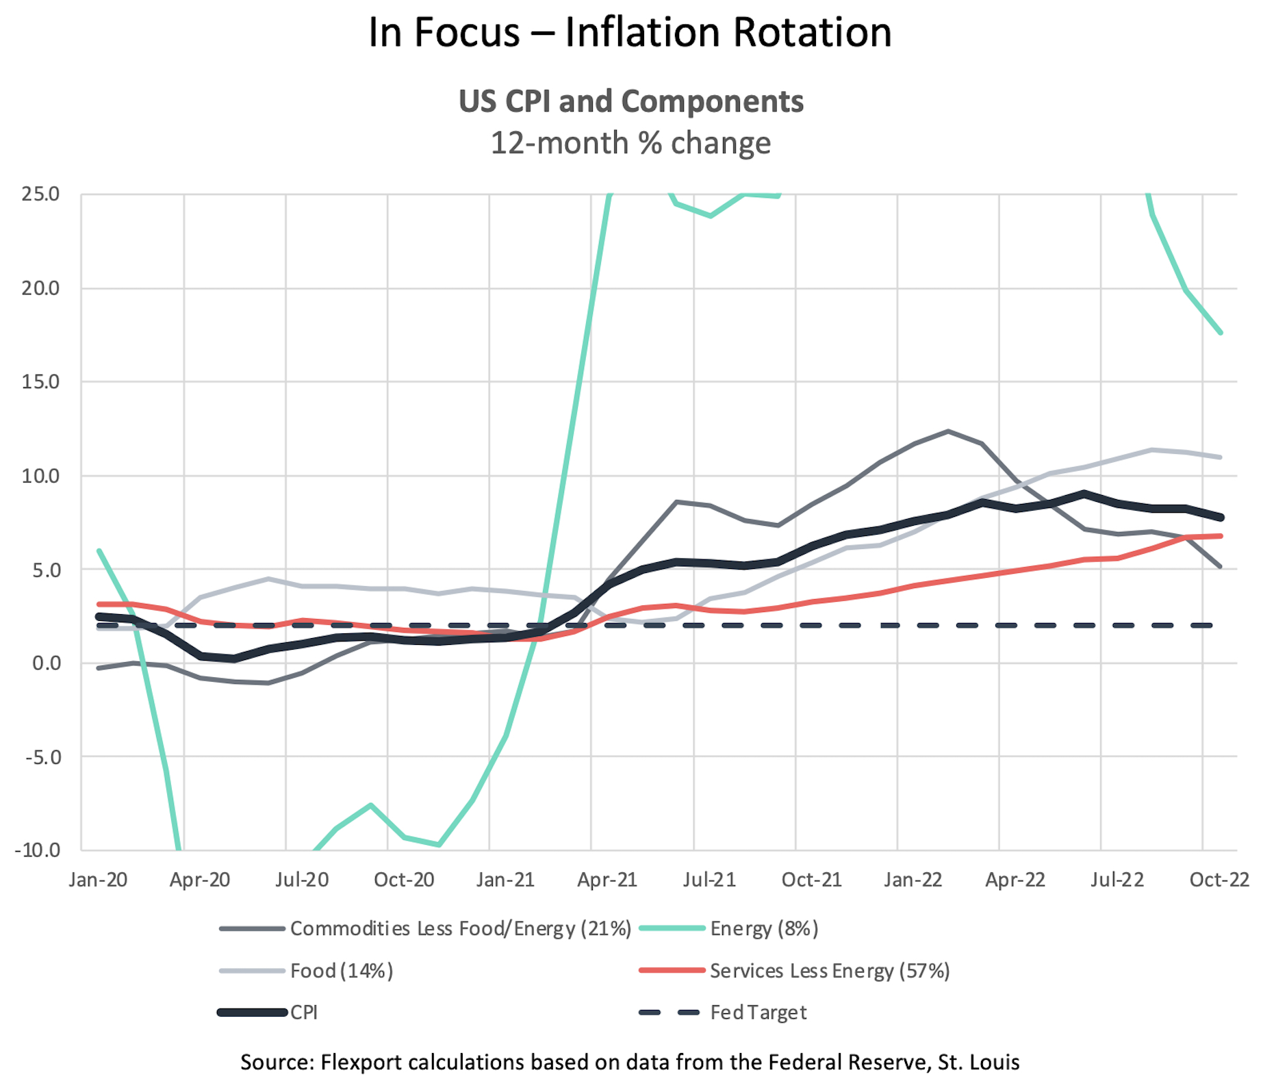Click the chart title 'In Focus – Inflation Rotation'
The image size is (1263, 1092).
click(x=630, y=32)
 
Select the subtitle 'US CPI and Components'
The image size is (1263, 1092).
click(x=630, y=101)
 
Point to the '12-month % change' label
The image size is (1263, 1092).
click(x=630, y=143)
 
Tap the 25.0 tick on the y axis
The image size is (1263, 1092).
click(x=40, y=194)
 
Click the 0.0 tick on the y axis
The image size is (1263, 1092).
click(x=46, y=663)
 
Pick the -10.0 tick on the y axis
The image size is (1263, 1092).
click(x=38, y=850)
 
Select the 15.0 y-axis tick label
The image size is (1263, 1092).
click(x=40, y=381)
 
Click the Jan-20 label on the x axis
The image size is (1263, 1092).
click(x=98, y=880)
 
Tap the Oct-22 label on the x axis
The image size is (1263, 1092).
click(x=1219, y=880)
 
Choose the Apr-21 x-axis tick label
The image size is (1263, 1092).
click(x=607, y=880)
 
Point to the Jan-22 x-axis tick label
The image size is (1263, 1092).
click(x=913, y=880)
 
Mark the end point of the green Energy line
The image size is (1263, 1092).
click(x=1221, y=333)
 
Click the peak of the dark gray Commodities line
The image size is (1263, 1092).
click(x=948, y=431)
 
